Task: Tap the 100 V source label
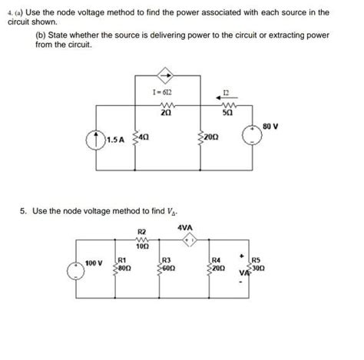(94, 263)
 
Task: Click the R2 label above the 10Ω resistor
(141, 232)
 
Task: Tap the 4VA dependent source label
(185, 228)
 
